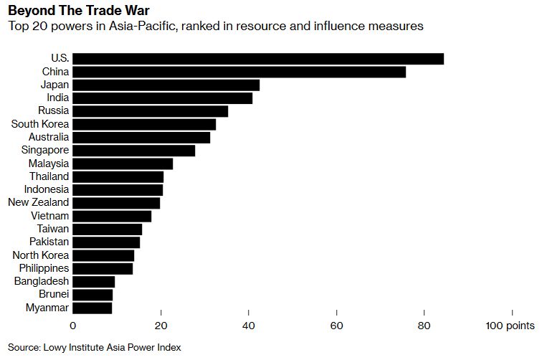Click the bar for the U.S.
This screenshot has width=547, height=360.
pos(258,59)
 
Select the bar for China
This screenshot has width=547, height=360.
pos(239,72)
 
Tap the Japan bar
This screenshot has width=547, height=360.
pos(166,85)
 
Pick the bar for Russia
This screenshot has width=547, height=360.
pos(150,111)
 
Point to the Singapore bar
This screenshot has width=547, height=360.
pos(133,150)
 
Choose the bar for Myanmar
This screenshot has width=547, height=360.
pos(92,308)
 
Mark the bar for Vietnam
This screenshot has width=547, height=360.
pos(112,216)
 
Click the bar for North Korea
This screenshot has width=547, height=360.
pos(103,255)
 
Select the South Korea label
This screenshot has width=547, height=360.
pos(40,124)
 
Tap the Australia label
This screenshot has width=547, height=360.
pos(49,137)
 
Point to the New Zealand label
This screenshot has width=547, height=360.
pos(39,202)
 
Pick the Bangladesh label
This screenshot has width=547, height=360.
pos(42,281)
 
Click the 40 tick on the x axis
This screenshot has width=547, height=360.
pos(249,326)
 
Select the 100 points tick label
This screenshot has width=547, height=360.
pos(510,326)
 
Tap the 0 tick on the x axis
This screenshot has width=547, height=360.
pos(72,326)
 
